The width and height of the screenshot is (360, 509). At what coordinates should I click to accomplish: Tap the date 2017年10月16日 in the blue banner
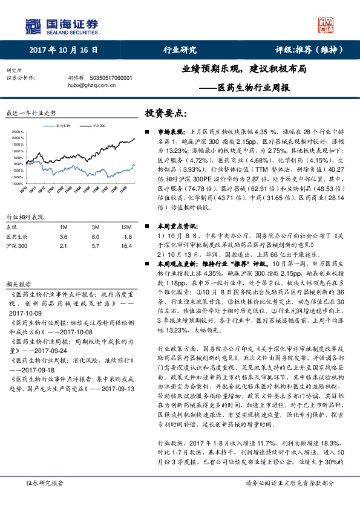(63, 50)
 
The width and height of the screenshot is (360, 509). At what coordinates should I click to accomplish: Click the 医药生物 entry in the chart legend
(64, 126)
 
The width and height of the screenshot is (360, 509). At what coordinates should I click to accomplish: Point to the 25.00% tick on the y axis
(17, 131)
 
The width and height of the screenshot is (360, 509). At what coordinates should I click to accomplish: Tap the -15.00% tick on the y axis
(17, 183)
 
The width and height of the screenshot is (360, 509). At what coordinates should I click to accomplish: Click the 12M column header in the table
(126, 227)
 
